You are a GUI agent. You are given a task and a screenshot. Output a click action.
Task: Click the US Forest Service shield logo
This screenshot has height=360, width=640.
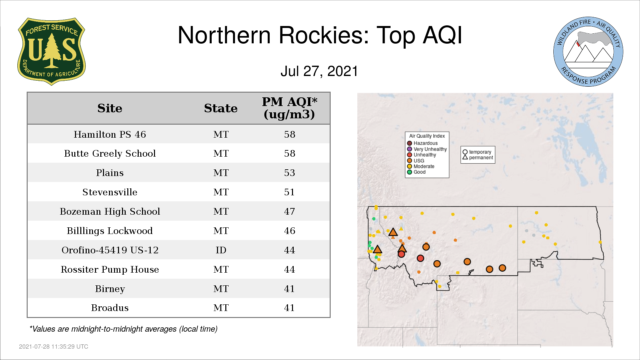51,52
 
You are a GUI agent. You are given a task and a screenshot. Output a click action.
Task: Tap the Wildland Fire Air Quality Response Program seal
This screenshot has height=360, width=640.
588,52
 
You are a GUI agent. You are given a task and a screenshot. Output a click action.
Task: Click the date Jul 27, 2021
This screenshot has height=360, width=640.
319,71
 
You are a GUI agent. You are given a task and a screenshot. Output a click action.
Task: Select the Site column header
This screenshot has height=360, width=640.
110,108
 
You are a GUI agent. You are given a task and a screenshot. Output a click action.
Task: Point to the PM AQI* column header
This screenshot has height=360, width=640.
289,108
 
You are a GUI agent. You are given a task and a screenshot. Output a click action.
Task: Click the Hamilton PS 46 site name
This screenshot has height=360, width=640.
110,134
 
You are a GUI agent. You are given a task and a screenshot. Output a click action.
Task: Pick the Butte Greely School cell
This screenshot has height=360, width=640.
110,154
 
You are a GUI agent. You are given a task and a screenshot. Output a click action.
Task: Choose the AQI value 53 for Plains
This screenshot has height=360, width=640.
289,173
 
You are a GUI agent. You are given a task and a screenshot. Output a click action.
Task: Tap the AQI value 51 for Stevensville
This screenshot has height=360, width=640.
289,192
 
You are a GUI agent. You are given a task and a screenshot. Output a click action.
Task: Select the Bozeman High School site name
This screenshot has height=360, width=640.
110,212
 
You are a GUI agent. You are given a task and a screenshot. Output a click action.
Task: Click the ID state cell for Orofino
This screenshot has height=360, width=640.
221,250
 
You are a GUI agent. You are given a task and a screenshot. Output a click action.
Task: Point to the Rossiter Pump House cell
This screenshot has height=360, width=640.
110,269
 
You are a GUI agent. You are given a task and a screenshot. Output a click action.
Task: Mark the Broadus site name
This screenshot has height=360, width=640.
110,308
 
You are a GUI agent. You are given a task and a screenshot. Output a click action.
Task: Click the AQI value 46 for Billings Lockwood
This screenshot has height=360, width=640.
289,231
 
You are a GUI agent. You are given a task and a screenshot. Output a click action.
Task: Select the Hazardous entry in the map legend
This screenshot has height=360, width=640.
422,143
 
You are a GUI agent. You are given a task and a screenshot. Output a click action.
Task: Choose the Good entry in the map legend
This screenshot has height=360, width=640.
416,172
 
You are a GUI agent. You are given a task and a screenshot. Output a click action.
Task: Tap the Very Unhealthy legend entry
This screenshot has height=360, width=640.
427,149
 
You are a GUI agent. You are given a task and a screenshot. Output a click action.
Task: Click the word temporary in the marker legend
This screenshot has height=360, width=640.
480,152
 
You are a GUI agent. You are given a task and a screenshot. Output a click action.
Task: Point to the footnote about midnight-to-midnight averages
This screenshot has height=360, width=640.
123,329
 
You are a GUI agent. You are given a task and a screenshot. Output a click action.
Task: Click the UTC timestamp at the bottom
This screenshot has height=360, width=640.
54,347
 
